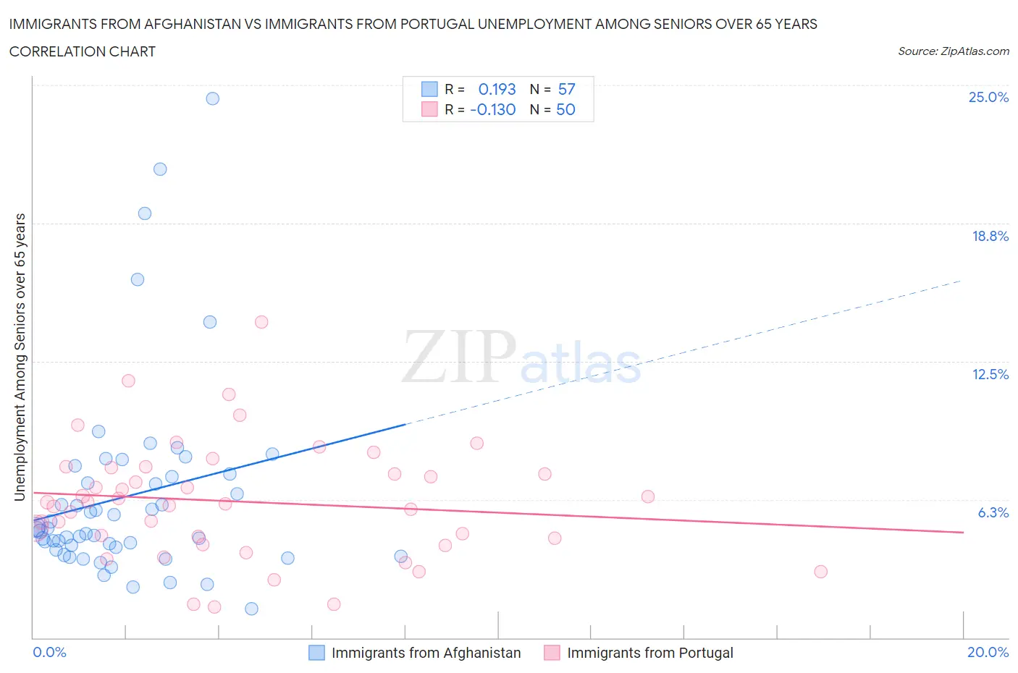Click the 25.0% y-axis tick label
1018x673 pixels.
988,98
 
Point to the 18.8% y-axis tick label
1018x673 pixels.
990,236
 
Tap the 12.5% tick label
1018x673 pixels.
990,374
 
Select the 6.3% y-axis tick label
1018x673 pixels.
993,512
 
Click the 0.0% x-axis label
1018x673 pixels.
49,652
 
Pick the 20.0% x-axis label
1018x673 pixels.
988,652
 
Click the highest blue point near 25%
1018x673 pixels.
212,98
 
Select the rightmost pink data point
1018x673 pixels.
820,572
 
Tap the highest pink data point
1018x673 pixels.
261,322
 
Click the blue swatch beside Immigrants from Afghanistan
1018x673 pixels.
316,653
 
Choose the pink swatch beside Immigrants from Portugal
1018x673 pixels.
552,653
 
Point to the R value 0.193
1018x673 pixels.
497,89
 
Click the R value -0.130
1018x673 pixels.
492,109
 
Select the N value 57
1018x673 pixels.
566,89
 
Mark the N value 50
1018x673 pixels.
565,109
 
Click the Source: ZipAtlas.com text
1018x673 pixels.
953,51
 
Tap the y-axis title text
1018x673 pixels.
20,357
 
